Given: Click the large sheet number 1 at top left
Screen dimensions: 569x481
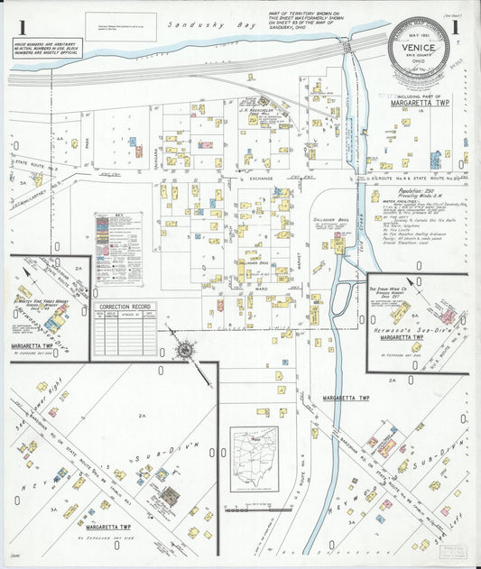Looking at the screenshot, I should tap(20, 26).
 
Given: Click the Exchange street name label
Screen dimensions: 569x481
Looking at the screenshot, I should tap(263, 179).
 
